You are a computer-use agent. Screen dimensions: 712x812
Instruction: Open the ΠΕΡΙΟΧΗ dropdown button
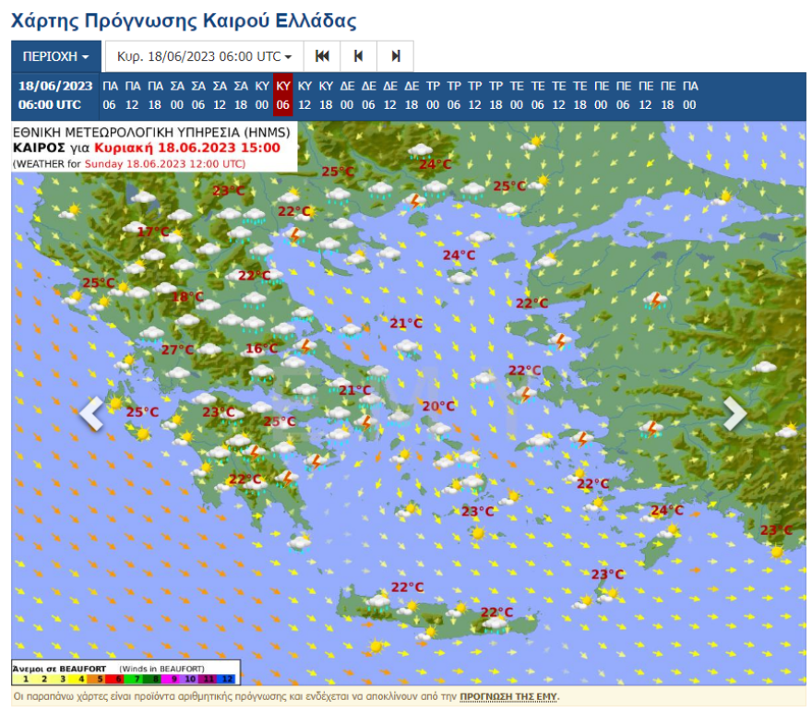tap(56, 56)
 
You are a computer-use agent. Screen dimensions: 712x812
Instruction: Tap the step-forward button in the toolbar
tap(396, 56)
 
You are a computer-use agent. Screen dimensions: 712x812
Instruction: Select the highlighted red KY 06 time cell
tap(283, 95)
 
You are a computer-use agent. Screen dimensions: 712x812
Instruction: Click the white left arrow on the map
tap(91, 413)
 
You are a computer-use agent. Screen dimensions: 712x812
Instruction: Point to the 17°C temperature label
tap(153, 231)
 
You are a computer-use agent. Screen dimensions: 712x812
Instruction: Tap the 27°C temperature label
tap(177, 350)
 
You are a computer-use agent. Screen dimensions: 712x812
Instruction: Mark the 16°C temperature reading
tap(261, 349)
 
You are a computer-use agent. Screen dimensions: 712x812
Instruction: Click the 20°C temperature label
tap(438, 406)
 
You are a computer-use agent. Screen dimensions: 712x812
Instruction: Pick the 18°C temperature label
tap(187, 297)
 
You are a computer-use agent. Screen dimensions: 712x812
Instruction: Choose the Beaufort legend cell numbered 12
tap(229, 679)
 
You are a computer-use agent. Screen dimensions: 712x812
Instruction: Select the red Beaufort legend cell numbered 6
tap(118, 679)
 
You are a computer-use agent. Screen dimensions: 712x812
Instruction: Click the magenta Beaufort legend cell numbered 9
tap(173, 679)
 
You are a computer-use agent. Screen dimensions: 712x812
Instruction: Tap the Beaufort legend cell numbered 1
tap(24, 679)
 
